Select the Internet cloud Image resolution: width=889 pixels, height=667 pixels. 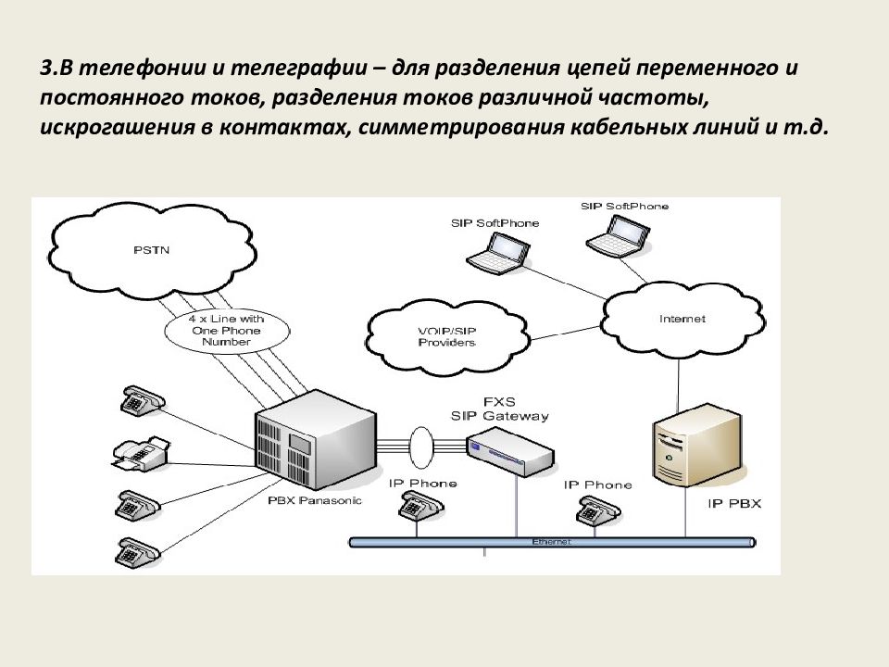pos(682,319)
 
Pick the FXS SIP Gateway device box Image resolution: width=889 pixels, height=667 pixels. pos(509,450)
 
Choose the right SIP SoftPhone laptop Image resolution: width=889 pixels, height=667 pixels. pos(615,233)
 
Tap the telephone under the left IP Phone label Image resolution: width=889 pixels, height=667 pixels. pos(418,507)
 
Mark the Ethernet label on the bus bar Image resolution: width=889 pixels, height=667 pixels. pos(552,540)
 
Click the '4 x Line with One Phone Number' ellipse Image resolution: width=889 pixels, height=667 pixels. pos(226,331)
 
